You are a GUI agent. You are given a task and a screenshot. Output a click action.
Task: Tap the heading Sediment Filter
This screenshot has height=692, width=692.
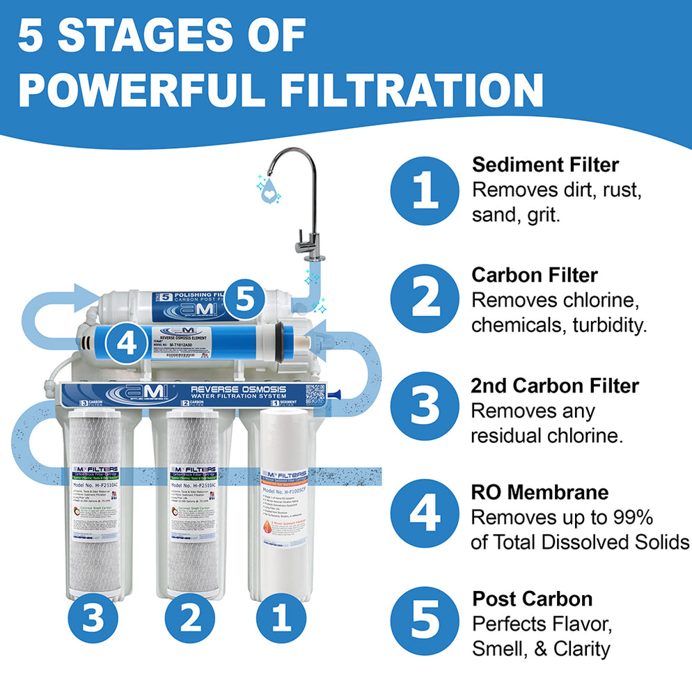pyautogui.click(x=545, y=165)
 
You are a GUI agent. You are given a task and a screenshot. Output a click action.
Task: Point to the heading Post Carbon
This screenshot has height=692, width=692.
pyautogui.click(x=533, y=599)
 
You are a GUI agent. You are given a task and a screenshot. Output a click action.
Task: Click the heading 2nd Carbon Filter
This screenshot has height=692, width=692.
pyautogui.click(x=555, y=386)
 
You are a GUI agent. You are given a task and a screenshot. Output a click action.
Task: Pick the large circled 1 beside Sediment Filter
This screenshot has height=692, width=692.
pyautogui.click(x=425, y=190)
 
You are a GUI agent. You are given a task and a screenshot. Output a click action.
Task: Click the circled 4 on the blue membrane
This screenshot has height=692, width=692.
pyautogui.click(x=125, y=343)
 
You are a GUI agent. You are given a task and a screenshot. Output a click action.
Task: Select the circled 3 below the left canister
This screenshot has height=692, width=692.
pyautogui.click(x=92, y=617)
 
